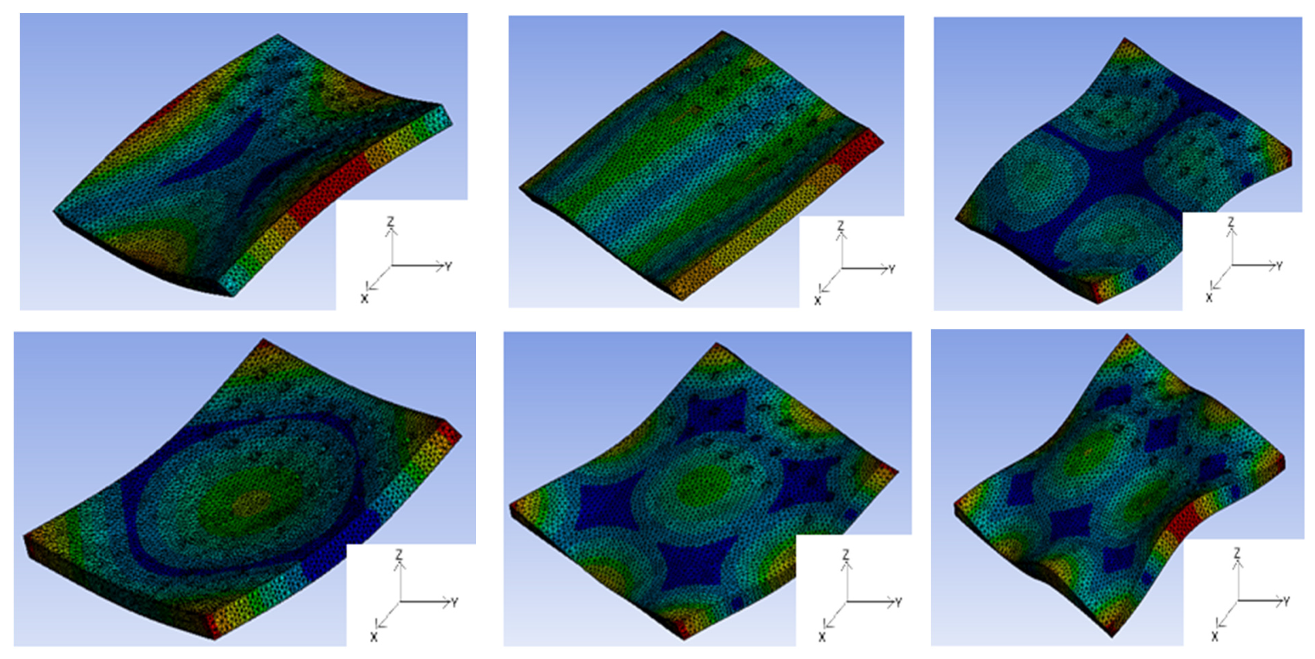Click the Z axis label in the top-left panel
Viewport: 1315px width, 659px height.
pyautogui.click(x=390, y=221)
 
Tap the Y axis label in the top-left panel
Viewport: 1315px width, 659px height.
pyautogui.click(x=449, y=266)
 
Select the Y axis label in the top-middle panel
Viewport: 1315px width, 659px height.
pyautogui.click(x=892, y=269)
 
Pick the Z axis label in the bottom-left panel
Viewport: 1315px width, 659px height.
pyautogui.click(x=399, y=554)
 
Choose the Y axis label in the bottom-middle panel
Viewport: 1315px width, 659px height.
pyautogui.click(x=898, y=602)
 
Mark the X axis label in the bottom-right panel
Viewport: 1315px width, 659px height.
pyautogui.click(x=1215, y=637)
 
